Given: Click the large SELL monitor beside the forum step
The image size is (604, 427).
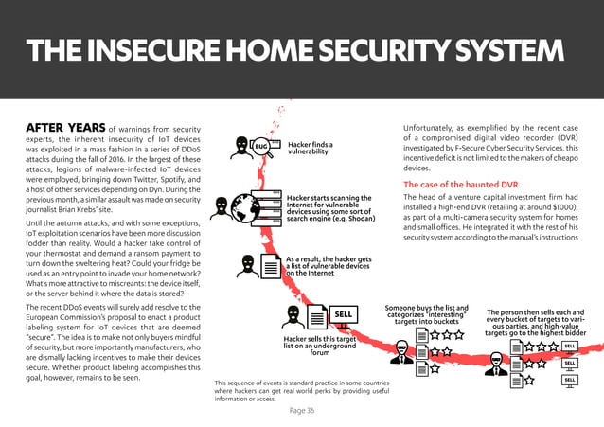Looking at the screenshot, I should (343, 314).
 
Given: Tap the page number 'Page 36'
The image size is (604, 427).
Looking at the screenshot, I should (302, 410).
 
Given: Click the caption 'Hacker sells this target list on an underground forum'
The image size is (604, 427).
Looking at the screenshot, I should (319, 346).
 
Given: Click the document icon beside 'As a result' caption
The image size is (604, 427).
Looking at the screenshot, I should (270, 266).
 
